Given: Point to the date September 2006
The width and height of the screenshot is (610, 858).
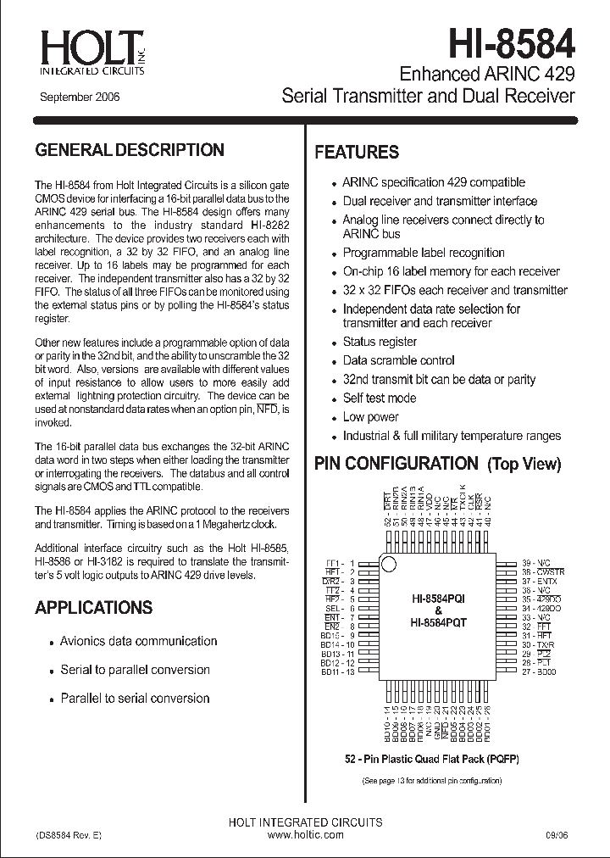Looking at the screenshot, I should click(80, 97).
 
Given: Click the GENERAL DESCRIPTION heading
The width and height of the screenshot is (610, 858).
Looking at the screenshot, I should click(130, 150).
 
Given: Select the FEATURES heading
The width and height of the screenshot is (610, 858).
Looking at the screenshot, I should click(357, 153).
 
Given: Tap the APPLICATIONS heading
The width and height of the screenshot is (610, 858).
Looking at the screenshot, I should click(94, 608).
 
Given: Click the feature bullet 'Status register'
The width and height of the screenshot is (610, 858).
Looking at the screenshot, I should click(380, 342).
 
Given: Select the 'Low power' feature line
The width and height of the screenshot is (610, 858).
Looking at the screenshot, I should click(370, 417).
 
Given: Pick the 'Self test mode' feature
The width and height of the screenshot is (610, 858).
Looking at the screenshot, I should click(379, 398).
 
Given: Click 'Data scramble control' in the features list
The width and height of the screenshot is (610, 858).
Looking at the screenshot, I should click(398, 360).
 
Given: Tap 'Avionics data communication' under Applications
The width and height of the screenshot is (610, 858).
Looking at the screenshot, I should click(138, 642).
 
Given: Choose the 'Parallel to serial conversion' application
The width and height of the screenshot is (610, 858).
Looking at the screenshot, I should click(135, 699).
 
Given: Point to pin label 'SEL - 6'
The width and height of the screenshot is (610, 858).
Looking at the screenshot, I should click(337, 609).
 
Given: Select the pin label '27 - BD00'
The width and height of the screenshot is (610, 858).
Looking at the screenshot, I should click(539, 672).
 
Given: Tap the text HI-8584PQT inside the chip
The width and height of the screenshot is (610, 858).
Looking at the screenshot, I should click(439, 622).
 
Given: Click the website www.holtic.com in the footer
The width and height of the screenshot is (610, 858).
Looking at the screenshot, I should click(305, 835).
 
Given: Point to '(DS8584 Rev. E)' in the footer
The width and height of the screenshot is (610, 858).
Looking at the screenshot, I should click(69, 835).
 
